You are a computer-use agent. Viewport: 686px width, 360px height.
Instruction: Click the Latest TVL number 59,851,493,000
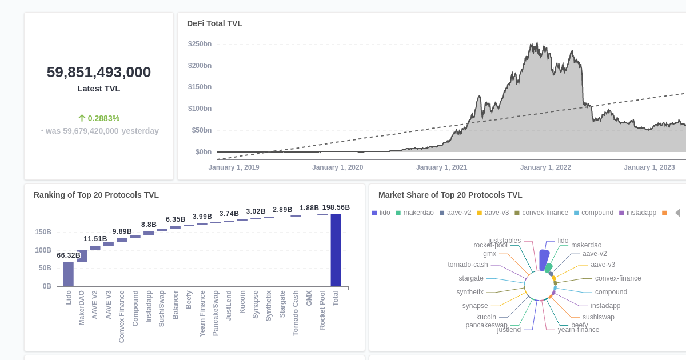pyautogui.click(x=99, y=72)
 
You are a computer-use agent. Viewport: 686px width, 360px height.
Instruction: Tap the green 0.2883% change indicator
pyautogui.click(x=99, y=118)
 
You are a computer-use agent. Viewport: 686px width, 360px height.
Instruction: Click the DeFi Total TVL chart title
pyautogui.click(x=214, y=23)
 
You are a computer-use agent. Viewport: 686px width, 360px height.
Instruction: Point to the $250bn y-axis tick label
pyautogui.click(x=200, y=44)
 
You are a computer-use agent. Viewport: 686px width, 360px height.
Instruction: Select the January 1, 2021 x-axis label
pyautogui.click(x=441, y=167)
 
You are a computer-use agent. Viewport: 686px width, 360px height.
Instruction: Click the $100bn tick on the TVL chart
pyautogui.click(x=200, y=109)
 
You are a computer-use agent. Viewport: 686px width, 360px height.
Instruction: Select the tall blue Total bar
pyautogui.click(x=336, y=250)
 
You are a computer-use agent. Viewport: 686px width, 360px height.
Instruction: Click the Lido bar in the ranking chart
pyautogui.click(x=69, y=274)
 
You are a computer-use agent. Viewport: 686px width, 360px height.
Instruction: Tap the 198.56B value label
pyautogui.click(x=336, y=207)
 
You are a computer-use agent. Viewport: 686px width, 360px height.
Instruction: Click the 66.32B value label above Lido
pyautogui.click(x=69, y=255)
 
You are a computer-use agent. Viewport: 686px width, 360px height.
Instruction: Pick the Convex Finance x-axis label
pyautogui.click(x=122, y=316)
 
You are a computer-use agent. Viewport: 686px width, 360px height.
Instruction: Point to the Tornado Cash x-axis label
pyautogui.click(x=296, y=313)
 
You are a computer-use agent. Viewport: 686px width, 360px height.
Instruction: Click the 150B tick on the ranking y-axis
pyautogui.click(x=43, y=232)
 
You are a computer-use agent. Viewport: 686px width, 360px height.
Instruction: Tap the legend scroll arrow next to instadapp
pyautogui.click(x=677, y=213)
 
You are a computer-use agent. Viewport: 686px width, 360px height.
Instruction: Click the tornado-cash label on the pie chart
pyautogui.click(x=468, y=265)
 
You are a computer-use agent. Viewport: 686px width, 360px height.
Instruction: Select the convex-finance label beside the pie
pyautogui.click(x=618, y=278)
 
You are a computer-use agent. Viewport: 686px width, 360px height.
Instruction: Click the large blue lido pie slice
pyautogui.click(x=544, y=260)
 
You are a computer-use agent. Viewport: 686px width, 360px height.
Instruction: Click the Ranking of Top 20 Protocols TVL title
pyautogui.click(x=96, y=195)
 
